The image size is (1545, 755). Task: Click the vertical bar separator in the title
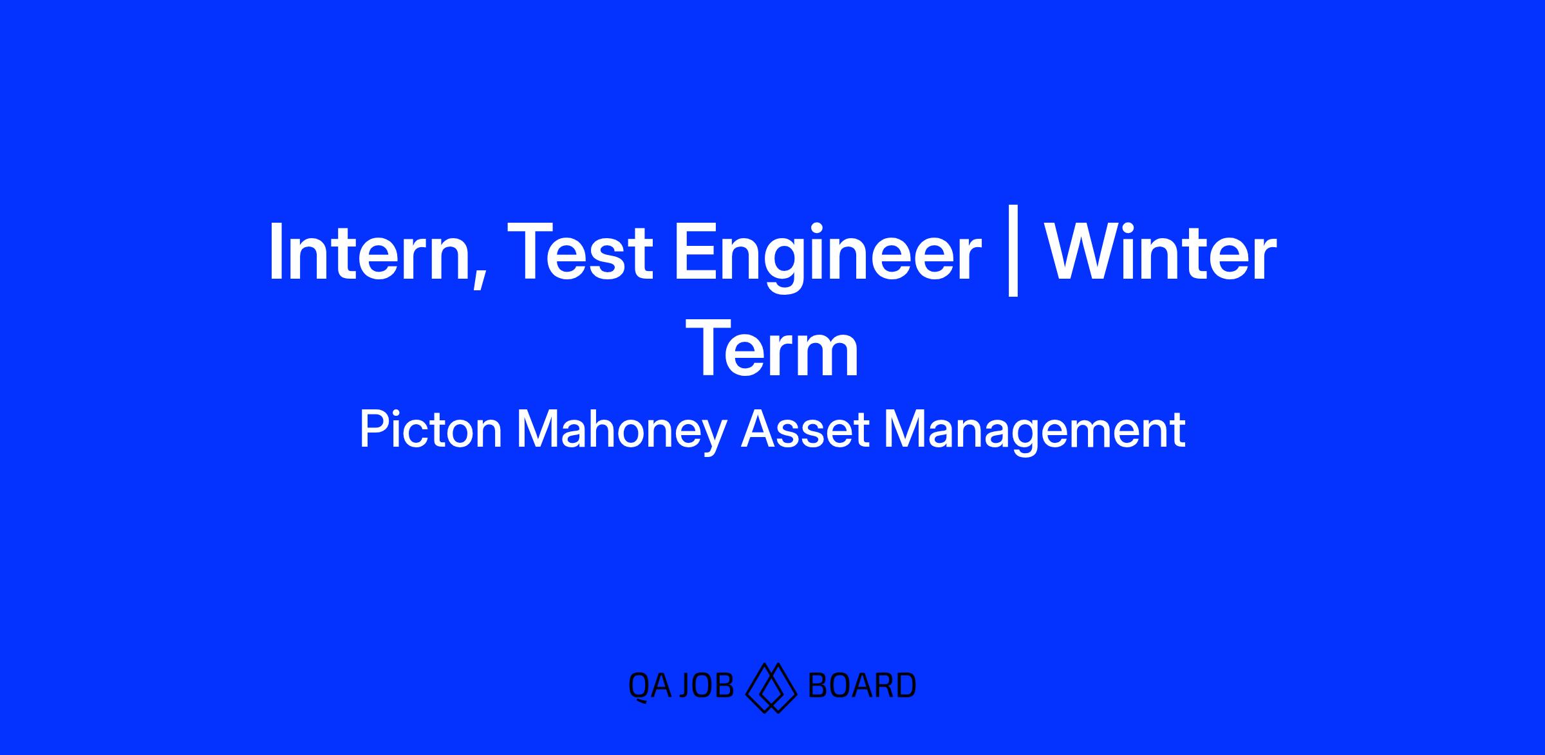point(1012,251)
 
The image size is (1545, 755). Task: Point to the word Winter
point(1160,252)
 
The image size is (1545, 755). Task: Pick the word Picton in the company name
point(431,430)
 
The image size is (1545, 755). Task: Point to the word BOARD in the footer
point(861,685)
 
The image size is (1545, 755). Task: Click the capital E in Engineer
point(695,253)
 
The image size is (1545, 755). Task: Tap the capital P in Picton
point(375,429)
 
